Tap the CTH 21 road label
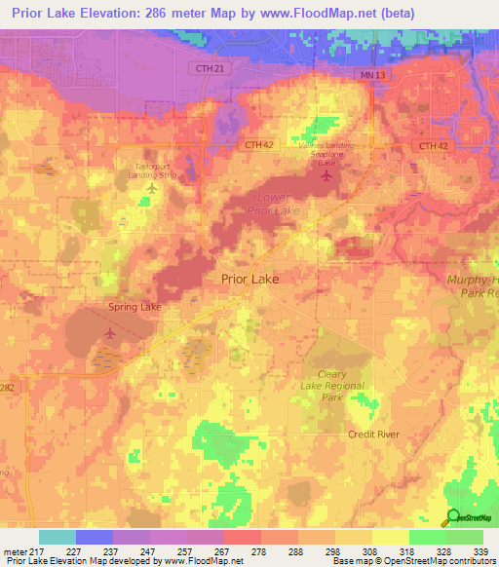[x=202, y=68]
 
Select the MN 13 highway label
[x=365, y=74]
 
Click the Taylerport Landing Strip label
[x=157, y=170]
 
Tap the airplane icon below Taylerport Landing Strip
[x=150, y=188]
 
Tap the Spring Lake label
[x=134, y=306]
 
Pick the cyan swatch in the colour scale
[x=57, y=537]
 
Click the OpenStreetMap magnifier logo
[x=453, y=517]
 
